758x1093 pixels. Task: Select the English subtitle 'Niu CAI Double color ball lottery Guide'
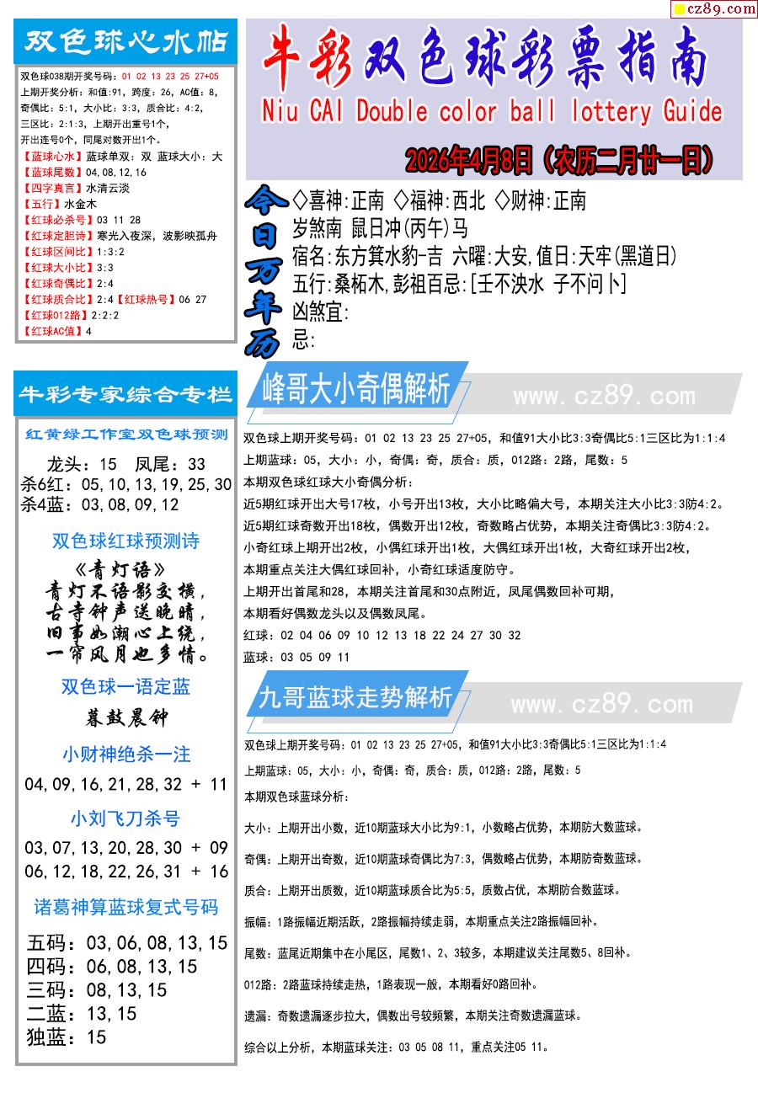493,111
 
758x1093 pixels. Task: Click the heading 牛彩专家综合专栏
126,394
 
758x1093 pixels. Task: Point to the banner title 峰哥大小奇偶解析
356,390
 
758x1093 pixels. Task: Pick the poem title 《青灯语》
125,570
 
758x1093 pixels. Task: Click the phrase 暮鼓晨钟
125,717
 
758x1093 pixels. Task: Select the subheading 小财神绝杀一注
126,754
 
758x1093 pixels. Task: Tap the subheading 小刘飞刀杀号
125,818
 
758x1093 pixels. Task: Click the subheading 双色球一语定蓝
125,686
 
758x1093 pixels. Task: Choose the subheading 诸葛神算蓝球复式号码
125,907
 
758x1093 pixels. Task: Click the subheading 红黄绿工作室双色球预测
126,435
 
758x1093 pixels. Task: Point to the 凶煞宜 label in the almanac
320,312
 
